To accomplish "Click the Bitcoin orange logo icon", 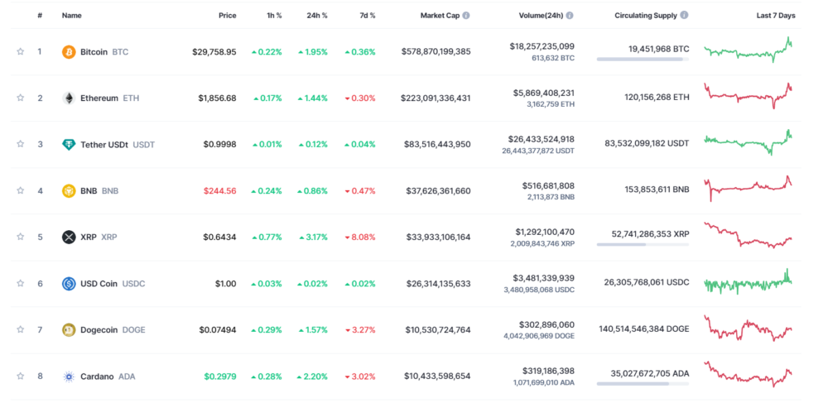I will coord(69,52).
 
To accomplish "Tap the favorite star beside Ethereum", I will coord(21,98).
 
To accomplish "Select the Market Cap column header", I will coord(440,16).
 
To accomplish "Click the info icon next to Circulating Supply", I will coord(684,16).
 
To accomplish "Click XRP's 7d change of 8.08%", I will coord(360,237).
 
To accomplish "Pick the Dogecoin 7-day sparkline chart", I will coord(748,329).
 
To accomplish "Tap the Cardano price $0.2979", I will coord(219,376).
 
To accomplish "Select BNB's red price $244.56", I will coord(219,190).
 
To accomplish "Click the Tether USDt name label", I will coord(104,145).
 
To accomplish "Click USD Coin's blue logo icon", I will coord(69,284).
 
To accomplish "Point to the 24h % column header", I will coord(316,16).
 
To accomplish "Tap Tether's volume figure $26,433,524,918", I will coord(542,138).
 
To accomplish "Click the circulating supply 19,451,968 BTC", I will coord(658,49).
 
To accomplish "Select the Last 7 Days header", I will coord(776,16).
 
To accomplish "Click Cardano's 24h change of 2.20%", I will coord(312,376).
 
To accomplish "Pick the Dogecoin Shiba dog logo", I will coord(69,330).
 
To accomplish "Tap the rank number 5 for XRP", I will coord(39,237).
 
